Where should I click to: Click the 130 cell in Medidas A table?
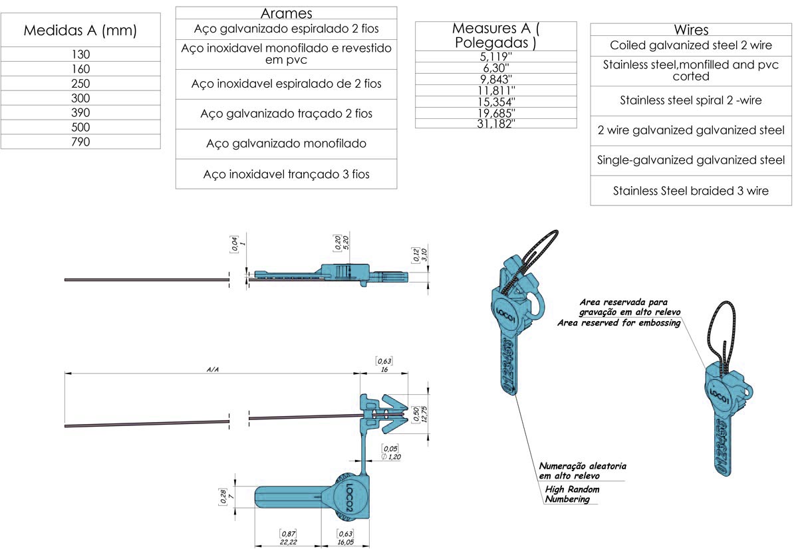[x=80, y=55]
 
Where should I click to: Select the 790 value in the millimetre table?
[x=80, y=142]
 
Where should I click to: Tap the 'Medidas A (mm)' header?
[x=80, y=30]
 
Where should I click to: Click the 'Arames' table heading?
[x=286, y=13]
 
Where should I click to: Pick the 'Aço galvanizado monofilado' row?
[x=286, y=144]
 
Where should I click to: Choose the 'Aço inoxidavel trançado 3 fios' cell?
[x=286, y=174]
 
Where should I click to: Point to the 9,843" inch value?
[x=496, y=78]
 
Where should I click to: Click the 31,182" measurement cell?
[x=496, y=124]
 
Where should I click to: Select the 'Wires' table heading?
[x=691, y=30]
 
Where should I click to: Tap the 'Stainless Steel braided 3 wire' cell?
[x=691, y=191]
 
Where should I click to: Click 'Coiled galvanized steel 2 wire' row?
[x=691, y=45]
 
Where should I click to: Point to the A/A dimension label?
[x=213, y=369]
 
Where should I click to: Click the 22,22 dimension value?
[x=288, y=542]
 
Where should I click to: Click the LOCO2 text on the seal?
[x=351, y=496]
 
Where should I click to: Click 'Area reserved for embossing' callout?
[x=618, y=323]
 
